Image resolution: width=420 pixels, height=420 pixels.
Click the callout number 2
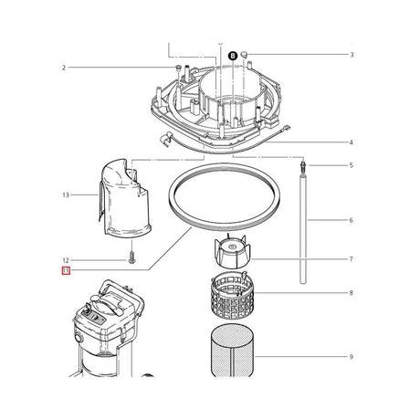(x=65, y=68)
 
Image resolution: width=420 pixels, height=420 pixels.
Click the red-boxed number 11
(x=65, y=271)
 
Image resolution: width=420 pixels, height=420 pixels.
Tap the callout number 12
(x=65, y=259)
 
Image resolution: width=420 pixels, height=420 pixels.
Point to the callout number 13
(x=65, y=195)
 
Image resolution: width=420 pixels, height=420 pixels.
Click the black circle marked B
(x=232, y=55)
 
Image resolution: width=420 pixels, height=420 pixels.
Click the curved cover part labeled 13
(x=123, y=196)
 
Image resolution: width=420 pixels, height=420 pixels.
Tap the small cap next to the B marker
(x=247, y=55)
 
